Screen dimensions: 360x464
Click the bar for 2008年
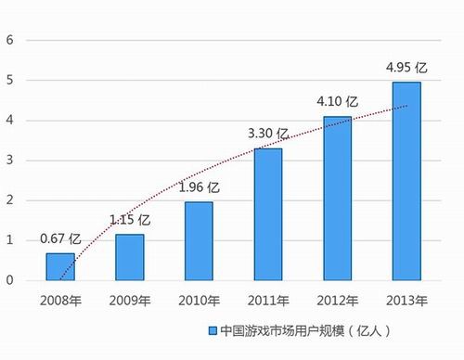[60, 266]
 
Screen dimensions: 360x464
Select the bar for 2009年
[129, 257]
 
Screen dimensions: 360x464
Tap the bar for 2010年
[198, 240]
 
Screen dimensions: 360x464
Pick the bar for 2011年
[267, 213]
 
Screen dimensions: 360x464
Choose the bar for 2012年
[336, 198]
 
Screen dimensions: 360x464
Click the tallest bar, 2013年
[406, 181]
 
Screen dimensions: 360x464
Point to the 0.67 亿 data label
[60, 239]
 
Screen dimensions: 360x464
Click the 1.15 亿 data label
[130, 220]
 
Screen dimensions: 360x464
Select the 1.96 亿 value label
[199, 187]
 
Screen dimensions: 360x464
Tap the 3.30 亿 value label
[267, 135]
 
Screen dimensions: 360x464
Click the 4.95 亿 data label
[406, 68]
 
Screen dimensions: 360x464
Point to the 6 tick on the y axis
[9, 40]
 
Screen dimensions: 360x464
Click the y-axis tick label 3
[9, 160]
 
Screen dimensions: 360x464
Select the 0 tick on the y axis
[9, 279]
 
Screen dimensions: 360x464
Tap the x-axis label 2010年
[198, 300]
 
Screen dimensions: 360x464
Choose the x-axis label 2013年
[406, 300]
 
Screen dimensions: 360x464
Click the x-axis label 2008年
[60, 300]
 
